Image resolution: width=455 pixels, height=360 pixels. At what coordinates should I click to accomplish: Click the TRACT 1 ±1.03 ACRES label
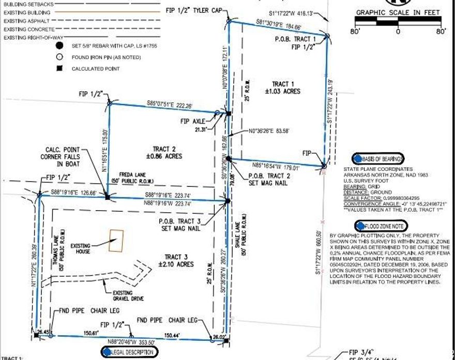[286, 88]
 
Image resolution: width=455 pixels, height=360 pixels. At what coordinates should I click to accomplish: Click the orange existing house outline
[116, 241]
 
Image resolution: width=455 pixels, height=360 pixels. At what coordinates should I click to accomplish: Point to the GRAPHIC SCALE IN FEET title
[398, 12]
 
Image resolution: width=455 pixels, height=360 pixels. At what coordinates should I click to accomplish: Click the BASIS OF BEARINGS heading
[378, 159]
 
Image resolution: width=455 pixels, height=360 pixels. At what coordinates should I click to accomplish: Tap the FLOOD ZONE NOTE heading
[381, 226]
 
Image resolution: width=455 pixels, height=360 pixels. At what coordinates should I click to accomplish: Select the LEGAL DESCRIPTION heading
[131, 352]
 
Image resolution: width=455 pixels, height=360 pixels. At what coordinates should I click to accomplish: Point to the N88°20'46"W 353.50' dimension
[131, 342]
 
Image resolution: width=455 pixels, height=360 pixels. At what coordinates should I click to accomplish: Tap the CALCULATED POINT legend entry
[96, 68]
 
